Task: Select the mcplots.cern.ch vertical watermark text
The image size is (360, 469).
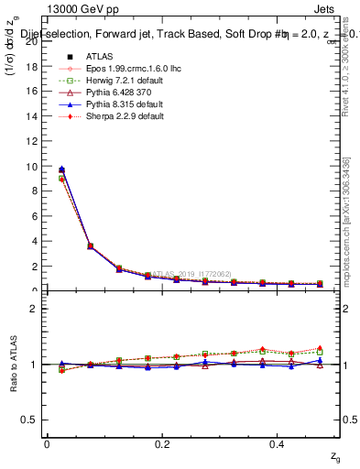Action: click(x=347, y=220)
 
